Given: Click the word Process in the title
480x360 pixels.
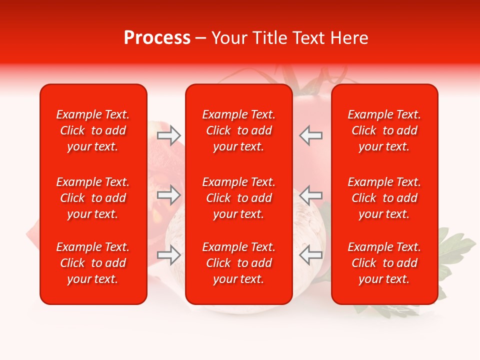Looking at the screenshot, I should click(157, 38).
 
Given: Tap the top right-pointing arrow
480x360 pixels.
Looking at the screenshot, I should click(169, 135).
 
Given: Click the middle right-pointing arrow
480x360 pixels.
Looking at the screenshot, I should click(169, 195).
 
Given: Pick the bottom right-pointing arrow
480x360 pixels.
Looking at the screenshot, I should click(169, 255).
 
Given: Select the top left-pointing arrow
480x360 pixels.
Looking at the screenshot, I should click(310, 135).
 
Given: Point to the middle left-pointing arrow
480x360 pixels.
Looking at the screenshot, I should click(310, 195).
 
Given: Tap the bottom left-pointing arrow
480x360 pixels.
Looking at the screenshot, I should click(310, 255).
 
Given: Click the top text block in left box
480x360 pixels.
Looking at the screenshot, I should click(93, 130).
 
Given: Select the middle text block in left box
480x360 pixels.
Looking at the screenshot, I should click(93, 198).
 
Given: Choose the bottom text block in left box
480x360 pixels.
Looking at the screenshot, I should click(93, 263).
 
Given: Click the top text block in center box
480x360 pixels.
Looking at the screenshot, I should click(238, 130).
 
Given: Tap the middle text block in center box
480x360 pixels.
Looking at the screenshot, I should click(238, 198).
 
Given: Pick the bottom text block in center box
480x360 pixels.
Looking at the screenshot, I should click(238, 263).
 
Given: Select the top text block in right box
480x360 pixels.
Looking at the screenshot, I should click(384, 130).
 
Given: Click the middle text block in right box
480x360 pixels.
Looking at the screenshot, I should click(384, 198).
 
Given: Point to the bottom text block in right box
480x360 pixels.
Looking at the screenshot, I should click(384, 263).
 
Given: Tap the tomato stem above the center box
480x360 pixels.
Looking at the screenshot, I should click(310, 80).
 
